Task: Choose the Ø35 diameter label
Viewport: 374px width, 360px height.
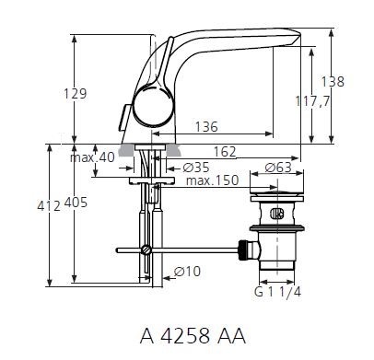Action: tap(193, 167)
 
